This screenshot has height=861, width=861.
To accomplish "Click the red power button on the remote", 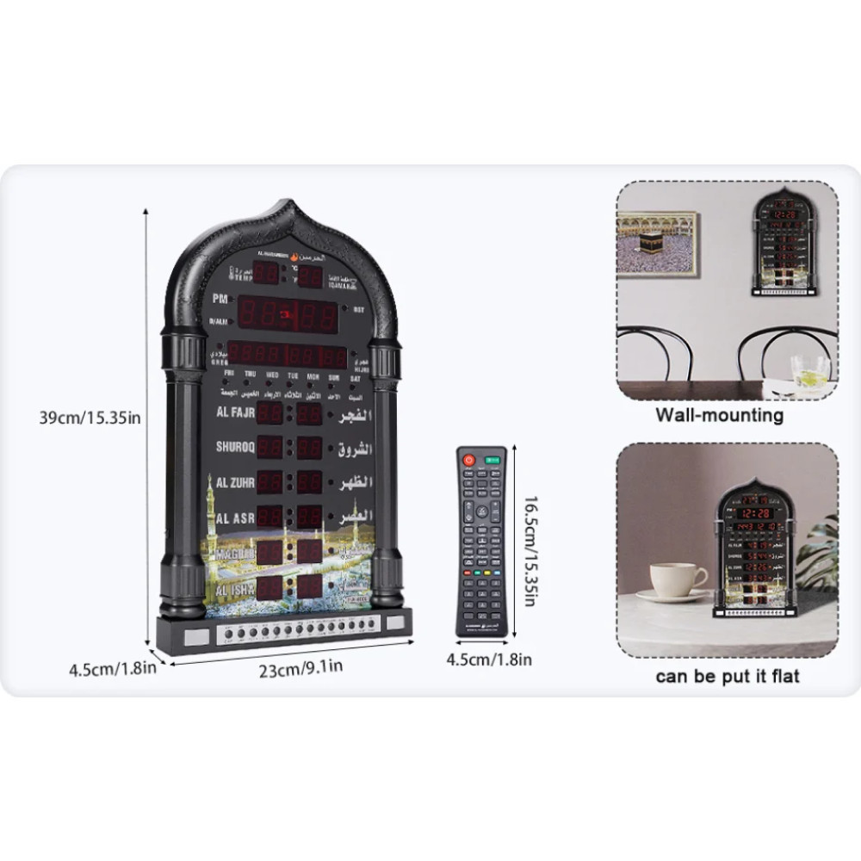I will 468,460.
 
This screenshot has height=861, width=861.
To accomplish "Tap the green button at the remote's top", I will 493,461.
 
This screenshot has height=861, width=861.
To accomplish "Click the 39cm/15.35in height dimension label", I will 90,418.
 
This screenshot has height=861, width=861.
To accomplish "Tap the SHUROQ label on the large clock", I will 235,447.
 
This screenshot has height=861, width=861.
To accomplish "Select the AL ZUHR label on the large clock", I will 234,481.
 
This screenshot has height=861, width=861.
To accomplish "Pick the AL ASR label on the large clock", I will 234,517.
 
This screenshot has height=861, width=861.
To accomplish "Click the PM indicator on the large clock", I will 220,299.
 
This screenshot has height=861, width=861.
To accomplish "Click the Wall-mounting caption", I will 720,415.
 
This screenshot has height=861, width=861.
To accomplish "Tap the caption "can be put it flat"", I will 727,676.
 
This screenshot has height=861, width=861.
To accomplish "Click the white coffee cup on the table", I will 676,579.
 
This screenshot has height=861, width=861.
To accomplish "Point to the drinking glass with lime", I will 810,371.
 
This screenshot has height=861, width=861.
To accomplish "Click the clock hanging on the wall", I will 783,244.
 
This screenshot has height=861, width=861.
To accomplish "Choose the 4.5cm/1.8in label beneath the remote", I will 488,660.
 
